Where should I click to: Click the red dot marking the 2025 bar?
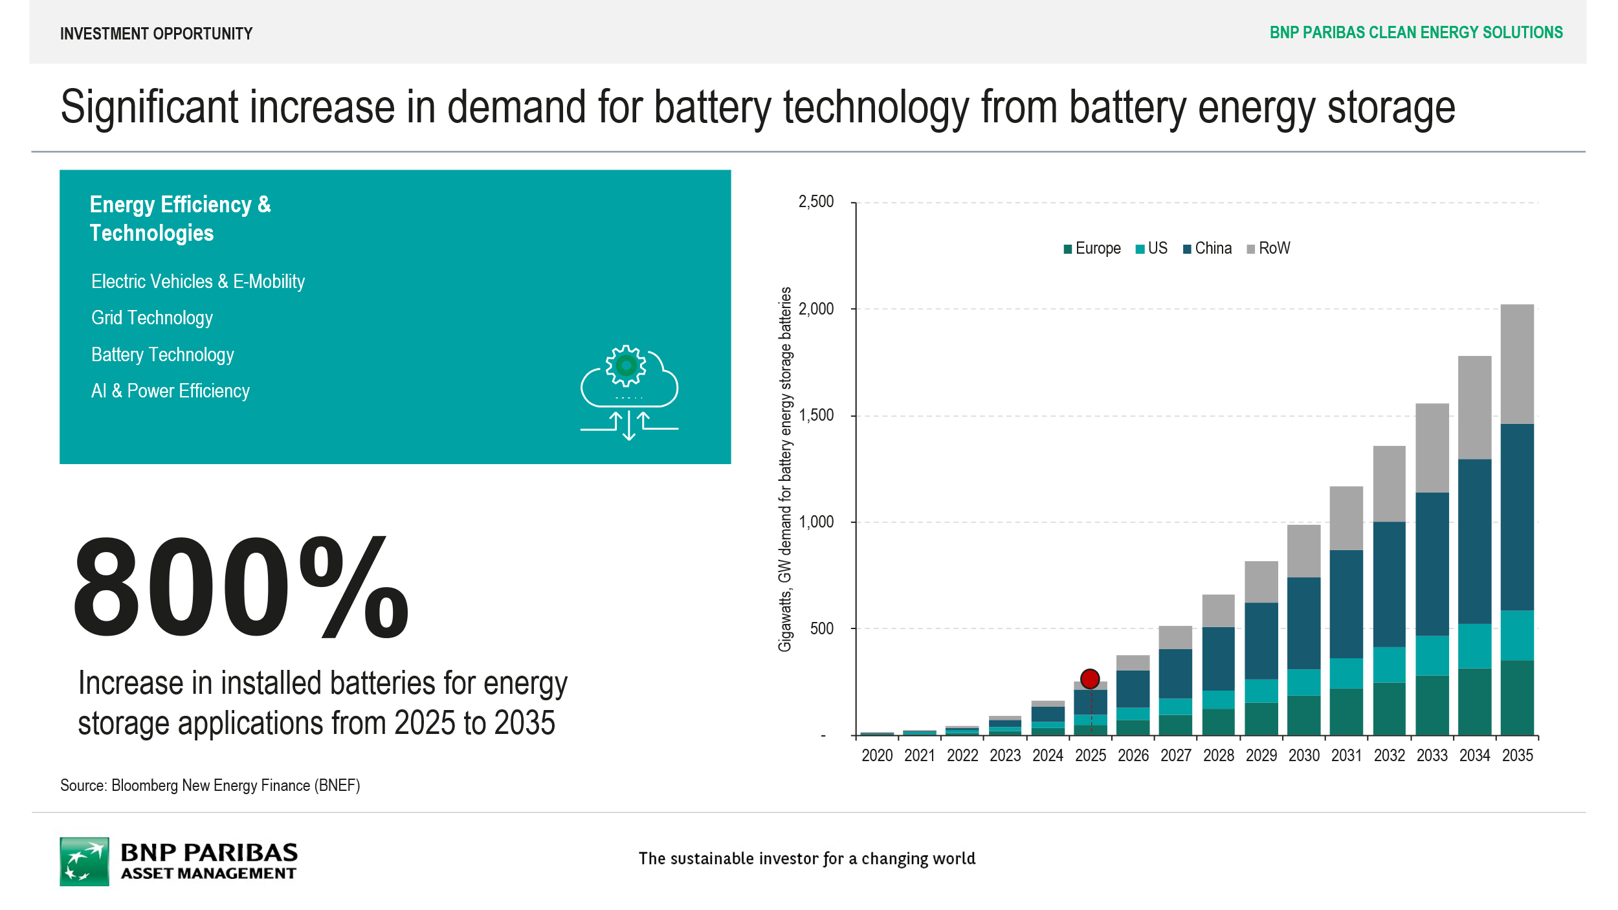click(1090, 679)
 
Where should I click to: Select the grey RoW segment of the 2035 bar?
click(1517, 364)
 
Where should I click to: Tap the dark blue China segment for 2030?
click(1303, 623)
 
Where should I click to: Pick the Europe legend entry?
click(1092, 249)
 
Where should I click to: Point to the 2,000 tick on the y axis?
click(816, 309)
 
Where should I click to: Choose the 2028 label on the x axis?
click(1218, 755)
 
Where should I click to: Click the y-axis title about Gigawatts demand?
click(784, 469)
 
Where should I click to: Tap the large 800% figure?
click(241, 588)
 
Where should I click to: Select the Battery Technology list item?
click(162, 355)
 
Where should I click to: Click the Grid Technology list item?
click(152, 318)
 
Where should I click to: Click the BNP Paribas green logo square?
click(84, 861)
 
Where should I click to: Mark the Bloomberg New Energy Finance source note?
click(210, 785)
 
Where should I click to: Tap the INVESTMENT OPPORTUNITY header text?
click(156, 34)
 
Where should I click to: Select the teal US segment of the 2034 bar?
click(1474, 646)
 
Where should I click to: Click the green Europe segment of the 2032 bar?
click(1389, 709)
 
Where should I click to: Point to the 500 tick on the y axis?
click(821, 628)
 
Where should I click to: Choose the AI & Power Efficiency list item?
click(170, 391)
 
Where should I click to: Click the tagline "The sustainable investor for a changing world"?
click(806, 859)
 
